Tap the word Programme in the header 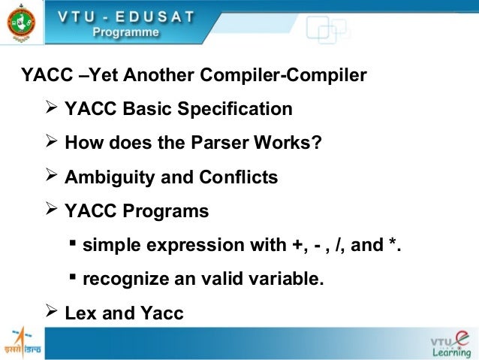click(126, 32)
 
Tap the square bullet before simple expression click(73, 244)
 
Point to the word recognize click(123, 280)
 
